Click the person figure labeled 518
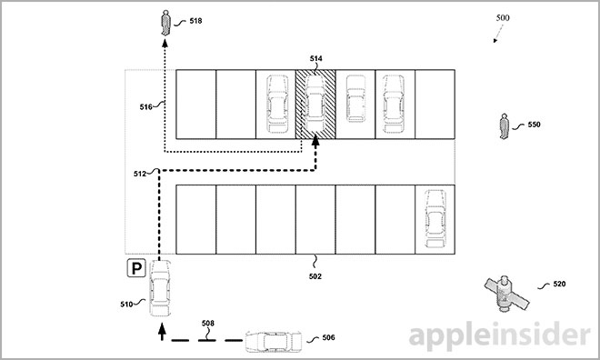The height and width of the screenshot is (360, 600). click(x=165, y=21)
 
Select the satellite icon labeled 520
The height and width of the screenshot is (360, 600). click(x=504, y=291)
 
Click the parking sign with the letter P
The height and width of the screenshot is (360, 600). click(x=135, y=268)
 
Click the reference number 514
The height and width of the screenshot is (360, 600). click(x=315, y=59)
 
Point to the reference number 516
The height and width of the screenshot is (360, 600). click(x=146, y=107)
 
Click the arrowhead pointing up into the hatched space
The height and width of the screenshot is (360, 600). click(x=315, y=138)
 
